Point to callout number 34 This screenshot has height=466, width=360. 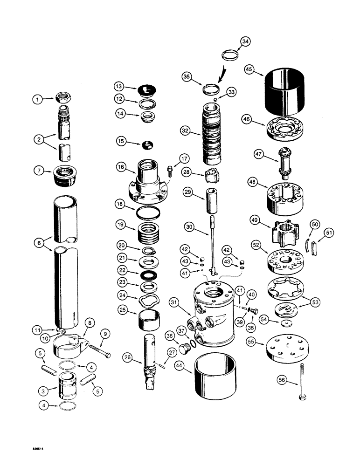point(246,42)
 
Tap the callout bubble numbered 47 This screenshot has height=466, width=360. point(260,154)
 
